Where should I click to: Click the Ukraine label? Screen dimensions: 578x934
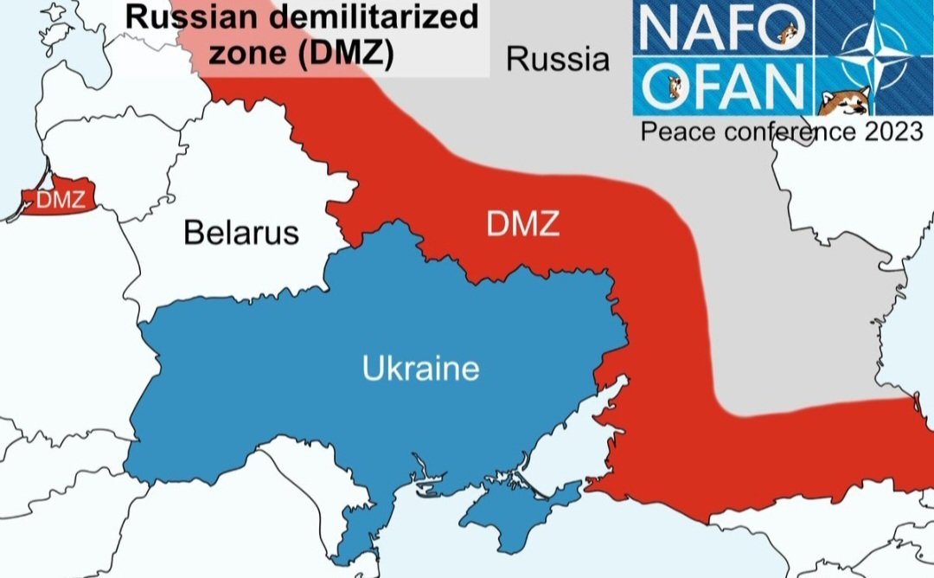(x=420, y=369)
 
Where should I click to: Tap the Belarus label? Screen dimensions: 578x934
(x=241, y=232)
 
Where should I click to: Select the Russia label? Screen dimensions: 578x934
(x=558, y=60)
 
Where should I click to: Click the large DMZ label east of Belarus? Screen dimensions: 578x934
(x=522, y=226)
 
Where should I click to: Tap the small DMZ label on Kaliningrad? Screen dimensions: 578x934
(x=61, y=201)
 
